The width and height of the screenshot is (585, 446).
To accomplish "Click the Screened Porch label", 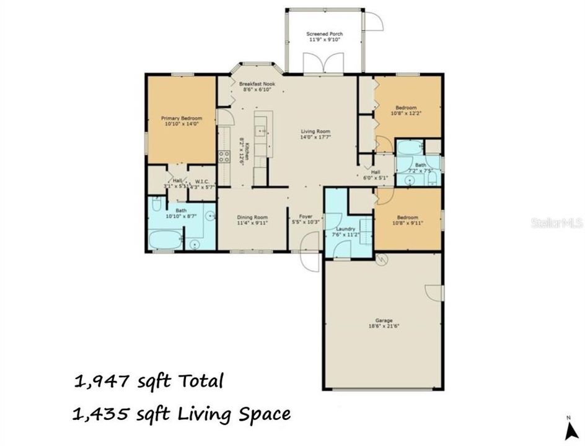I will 325,37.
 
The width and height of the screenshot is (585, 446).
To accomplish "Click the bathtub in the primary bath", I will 165,240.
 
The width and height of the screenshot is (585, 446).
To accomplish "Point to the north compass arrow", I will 568,427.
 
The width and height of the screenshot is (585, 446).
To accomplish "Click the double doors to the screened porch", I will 324,63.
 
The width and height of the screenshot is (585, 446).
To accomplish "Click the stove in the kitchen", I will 223,157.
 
